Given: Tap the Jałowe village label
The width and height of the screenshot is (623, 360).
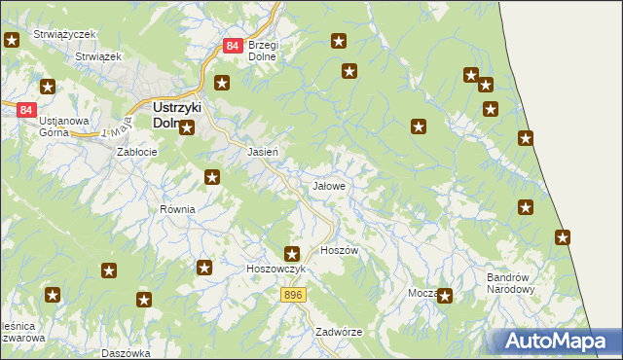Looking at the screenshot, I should pos(327,185).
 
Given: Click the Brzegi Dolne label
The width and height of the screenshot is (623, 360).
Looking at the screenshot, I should pos(263,51).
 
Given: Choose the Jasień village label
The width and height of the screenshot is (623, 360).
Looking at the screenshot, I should pos(264,153).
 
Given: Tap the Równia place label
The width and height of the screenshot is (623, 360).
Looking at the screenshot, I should pos(178,209).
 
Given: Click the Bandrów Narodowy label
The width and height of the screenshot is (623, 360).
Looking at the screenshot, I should pos(511,282).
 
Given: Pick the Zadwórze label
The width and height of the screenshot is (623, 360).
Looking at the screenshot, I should pos(339,331).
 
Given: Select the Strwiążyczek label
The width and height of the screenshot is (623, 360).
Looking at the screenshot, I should pos(64,34).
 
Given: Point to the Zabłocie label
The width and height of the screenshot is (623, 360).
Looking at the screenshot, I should pos(136,152).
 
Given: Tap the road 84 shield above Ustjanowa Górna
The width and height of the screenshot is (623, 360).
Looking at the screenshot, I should pos(26,110).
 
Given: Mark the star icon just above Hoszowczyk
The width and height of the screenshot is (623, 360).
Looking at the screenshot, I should pos(291,254).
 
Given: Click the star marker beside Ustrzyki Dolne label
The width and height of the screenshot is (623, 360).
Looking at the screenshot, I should pos(187,127).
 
